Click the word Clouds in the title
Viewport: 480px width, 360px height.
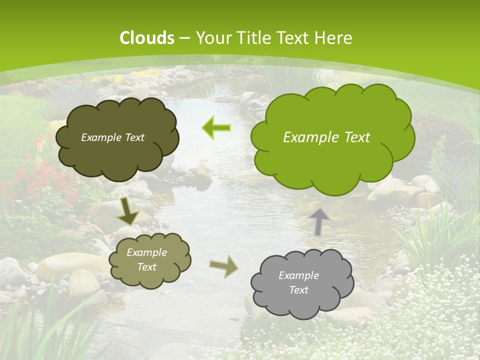tap(147, 38)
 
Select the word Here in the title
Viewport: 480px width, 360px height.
tap(333, 38)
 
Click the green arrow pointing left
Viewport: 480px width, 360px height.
tap(216, 128)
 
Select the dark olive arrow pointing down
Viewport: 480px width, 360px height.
tap(128, 211)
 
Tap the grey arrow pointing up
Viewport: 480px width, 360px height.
tap(319, 221)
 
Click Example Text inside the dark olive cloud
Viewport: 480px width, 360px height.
tap(112, 137)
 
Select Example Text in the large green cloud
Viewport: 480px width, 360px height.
tap(326, 137)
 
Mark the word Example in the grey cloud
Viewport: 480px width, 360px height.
tap(298, 275)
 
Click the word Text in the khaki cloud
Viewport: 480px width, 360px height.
tap(147, 267)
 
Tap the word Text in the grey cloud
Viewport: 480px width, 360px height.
tap(298, 290)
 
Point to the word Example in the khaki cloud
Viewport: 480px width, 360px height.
tap(147, 252)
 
